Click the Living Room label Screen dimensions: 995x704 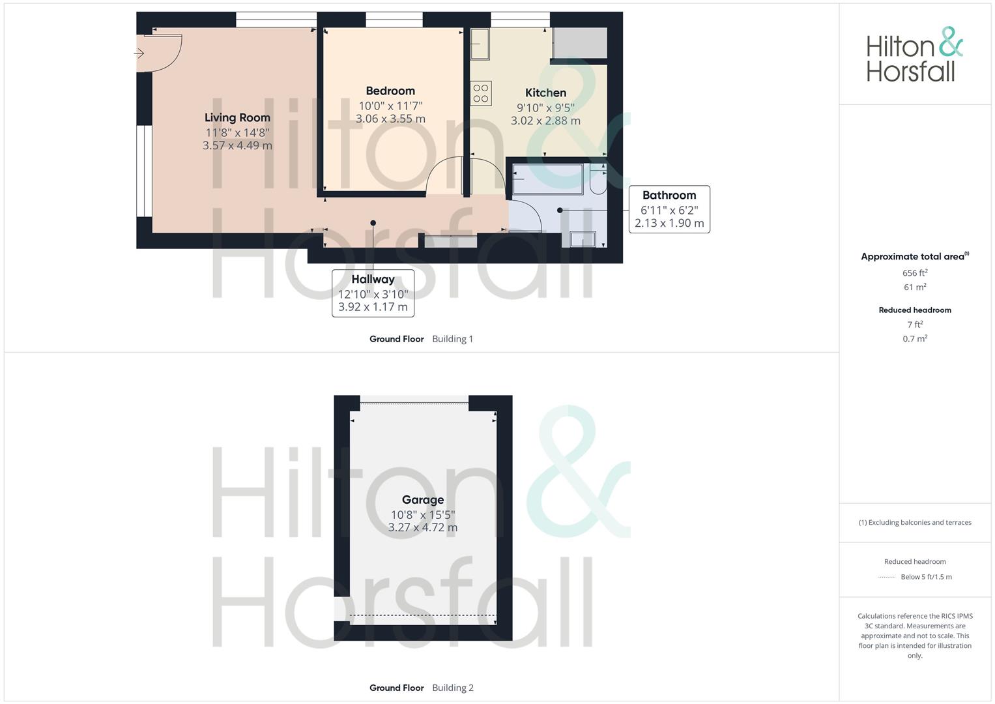coord(237,118)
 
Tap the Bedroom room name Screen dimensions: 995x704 coord(390,91)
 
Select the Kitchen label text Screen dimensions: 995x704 coord(545,93)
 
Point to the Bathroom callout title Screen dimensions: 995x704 coord(669,195)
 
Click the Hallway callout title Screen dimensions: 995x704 coord(373,280)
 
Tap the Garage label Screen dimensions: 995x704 coord(423,500)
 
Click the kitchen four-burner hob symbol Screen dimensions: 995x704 coord(481,93)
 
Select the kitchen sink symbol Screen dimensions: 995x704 coord(480,44)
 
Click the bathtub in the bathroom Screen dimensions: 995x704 coord(548,179)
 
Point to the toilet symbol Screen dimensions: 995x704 coord(598,179)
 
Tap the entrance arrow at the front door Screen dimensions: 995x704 coord(139,53)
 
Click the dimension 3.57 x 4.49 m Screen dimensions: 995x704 coord(237,145)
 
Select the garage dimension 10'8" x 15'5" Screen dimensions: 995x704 coord(423,515)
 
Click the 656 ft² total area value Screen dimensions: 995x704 coord(915,273)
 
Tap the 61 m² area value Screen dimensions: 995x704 coord(915,287)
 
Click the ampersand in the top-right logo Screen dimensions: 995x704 coord(951,42)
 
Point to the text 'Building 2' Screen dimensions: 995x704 coord(453,688)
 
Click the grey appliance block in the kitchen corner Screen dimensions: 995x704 coord(579,42)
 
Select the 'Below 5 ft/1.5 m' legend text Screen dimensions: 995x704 coord(926,577)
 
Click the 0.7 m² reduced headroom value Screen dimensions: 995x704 coord(915,339)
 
